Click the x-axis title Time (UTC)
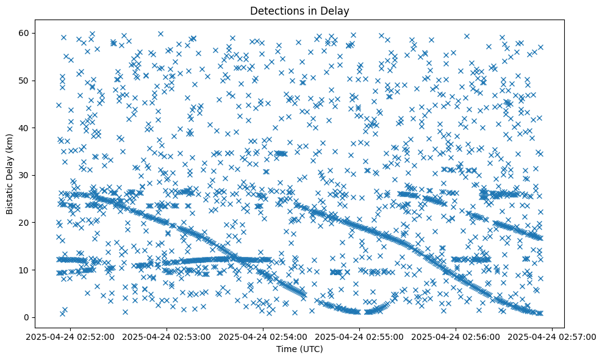click(x=299, y=349)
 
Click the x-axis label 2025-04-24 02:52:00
click(x=71, y=336)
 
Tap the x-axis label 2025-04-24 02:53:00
click(x=167, y=336)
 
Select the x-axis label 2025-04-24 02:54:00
click(x=263, y=336)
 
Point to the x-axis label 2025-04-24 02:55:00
click(x=360, y=336)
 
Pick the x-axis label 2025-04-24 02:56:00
click(x=456, y=336)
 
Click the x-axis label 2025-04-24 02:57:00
click(x=553, y=336)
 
